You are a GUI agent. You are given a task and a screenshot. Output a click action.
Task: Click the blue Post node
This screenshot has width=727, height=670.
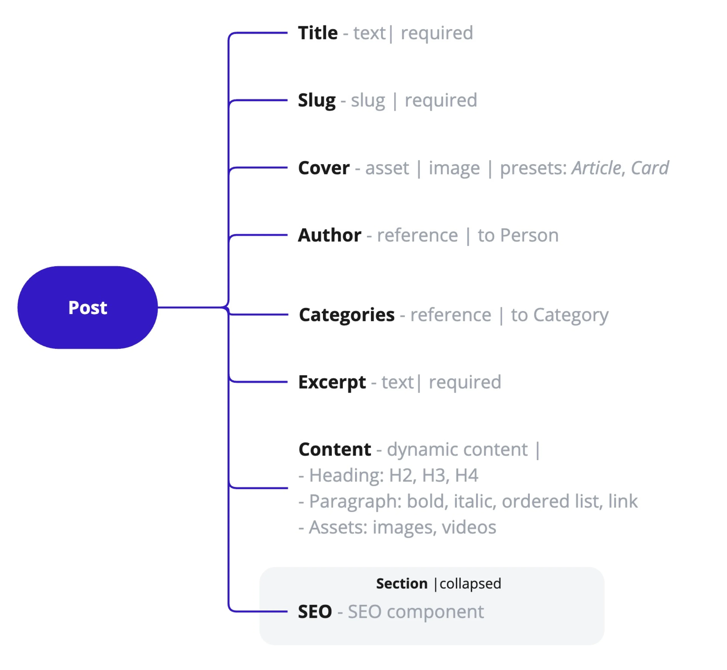point(87,307)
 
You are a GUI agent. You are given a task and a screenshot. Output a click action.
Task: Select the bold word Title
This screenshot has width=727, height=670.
point(318,33)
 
